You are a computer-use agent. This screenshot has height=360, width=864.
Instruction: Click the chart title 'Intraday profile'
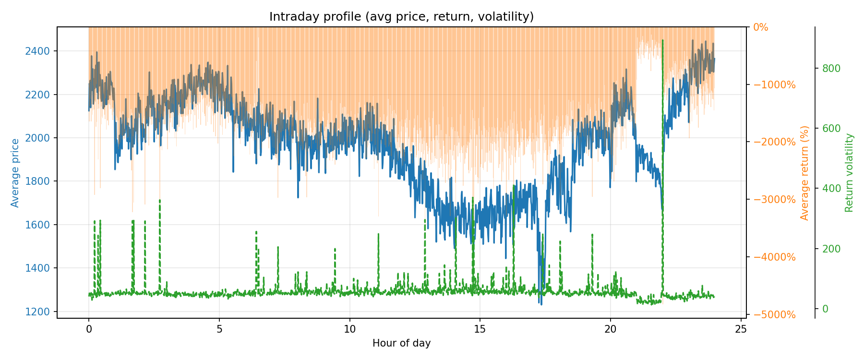[401, 17]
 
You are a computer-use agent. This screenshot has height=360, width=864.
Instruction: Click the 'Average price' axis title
[15, 173]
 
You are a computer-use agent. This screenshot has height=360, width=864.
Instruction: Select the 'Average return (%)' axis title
[805, 173]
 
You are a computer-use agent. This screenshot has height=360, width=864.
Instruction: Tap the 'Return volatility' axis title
[850, 173]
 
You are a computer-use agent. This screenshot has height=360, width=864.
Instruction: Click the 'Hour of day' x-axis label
[401, 343]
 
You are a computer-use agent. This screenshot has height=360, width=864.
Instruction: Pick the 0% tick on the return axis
[761, 27]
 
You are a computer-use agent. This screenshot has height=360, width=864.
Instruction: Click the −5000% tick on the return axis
[774, 315]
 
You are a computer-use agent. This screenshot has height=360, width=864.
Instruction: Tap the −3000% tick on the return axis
[774, 200]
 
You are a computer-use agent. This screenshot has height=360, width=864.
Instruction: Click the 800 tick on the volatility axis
[831, 69]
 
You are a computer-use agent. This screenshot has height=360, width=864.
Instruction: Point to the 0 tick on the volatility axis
[825, 309]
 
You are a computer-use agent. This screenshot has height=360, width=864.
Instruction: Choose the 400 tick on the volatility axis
[831, 189]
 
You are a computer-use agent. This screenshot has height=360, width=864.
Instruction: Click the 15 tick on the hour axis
[480, 329]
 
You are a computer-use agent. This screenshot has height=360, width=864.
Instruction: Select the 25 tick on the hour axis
[741, 329]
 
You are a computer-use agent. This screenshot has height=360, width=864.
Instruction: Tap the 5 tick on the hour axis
[219, 329]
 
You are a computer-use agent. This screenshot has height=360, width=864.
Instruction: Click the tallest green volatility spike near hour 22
[662, 41]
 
